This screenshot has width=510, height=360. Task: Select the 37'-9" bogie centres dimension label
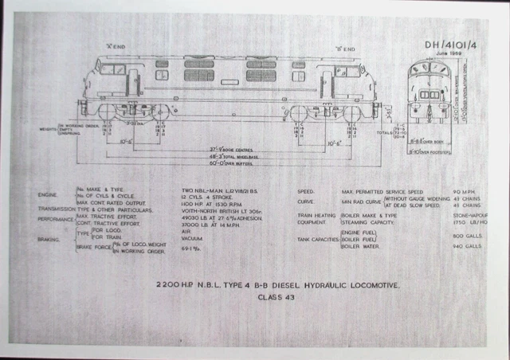tap(229, 149)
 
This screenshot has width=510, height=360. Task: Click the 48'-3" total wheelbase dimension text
tap(229, 157)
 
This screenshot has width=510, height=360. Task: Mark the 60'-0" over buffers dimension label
tap(229, 164)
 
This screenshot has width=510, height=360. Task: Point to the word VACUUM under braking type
tap(191, 237)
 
